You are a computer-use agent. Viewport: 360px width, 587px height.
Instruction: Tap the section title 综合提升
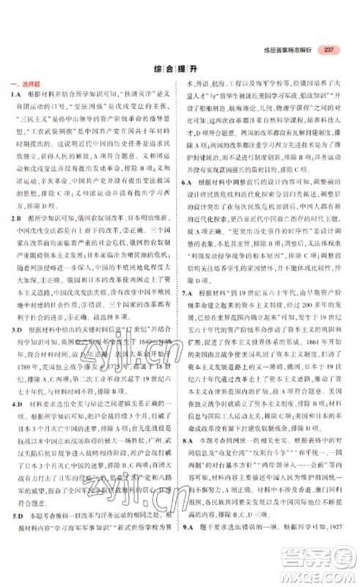point(180,70)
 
